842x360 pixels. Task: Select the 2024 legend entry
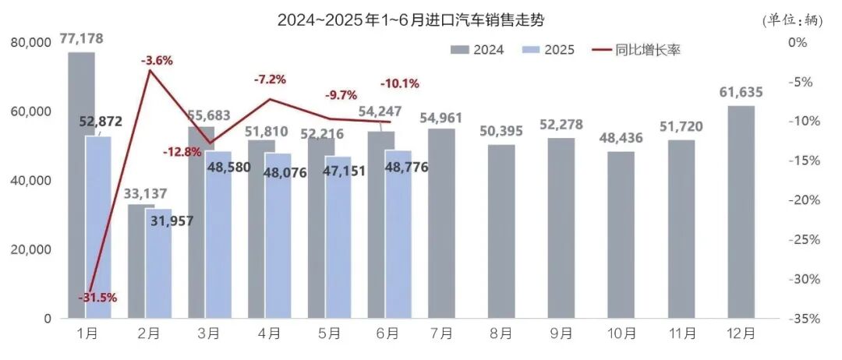(x=478, y=51)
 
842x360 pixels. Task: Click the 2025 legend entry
(x=550, y=51)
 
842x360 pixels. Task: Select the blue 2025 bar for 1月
(x=98, y=227)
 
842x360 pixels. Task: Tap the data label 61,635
(x=741, y=93)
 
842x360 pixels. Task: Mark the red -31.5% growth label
(x=97, y=297)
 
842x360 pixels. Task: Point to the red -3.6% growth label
(x=157, y=60)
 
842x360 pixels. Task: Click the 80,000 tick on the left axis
(x=31, y=44)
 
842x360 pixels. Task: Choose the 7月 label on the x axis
(x=441, y=334)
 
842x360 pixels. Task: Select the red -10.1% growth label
(x=399, y=83)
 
